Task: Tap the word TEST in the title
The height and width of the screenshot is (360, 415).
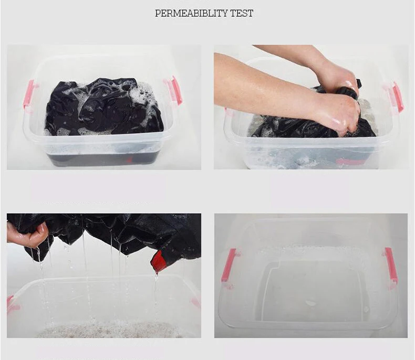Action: [242, 13]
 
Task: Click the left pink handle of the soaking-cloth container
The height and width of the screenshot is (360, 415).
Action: [29, 94]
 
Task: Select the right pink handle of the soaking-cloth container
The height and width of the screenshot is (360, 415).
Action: [175, 90]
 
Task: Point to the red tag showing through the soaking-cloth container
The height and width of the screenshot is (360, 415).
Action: [129, 160]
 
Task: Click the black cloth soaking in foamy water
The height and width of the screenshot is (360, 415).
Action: [105, 107]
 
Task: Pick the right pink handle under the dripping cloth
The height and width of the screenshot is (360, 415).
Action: [196, 303]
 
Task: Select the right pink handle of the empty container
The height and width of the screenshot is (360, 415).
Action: [390, 265]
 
